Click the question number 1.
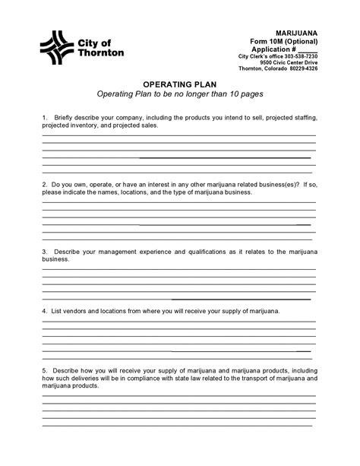tap(45, 118)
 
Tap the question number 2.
tap(45, 185)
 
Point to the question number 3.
tap(45, 251)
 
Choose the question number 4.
tap(45, 311)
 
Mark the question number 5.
tap(45, 370)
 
